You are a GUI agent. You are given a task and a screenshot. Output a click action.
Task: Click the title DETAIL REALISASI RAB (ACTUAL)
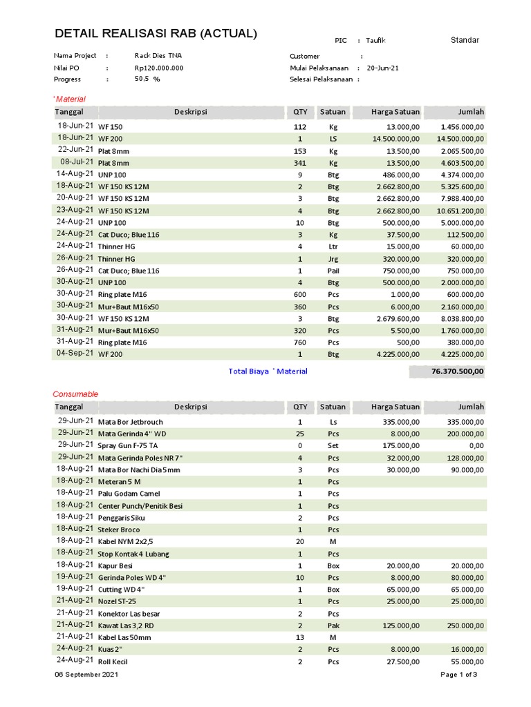156,34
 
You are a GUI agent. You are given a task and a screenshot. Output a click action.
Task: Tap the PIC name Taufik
376,41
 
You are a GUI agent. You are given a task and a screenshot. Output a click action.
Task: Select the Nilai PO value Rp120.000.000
159,68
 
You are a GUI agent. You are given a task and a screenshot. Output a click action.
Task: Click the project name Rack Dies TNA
159,56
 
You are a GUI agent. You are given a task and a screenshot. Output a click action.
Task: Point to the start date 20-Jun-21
382,68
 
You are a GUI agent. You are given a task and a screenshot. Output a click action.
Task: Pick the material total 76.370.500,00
458,371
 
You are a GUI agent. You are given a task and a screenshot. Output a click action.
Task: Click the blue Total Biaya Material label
268,371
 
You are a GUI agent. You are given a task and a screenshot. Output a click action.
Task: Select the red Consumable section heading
76,394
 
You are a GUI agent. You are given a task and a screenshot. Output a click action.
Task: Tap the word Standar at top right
465,40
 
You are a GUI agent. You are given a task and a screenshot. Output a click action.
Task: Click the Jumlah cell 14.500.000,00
459,139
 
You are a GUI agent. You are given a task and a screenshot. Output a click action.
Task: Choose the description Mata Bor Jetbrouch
131,422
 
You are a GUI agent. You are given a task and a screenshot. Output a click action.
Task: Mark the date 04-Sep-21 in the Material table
75,353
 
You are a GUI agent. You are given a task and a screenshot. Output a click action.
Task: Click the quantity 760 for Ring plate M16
300,342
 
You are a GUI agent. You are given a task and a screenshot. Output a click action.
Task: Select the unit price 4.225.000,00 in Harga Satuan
397,354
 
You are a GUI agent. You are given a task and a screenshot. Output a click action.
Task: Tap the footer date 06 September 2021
86,675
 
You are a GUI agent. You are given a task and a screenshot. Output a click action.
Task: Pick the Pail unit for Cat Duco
333,271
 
